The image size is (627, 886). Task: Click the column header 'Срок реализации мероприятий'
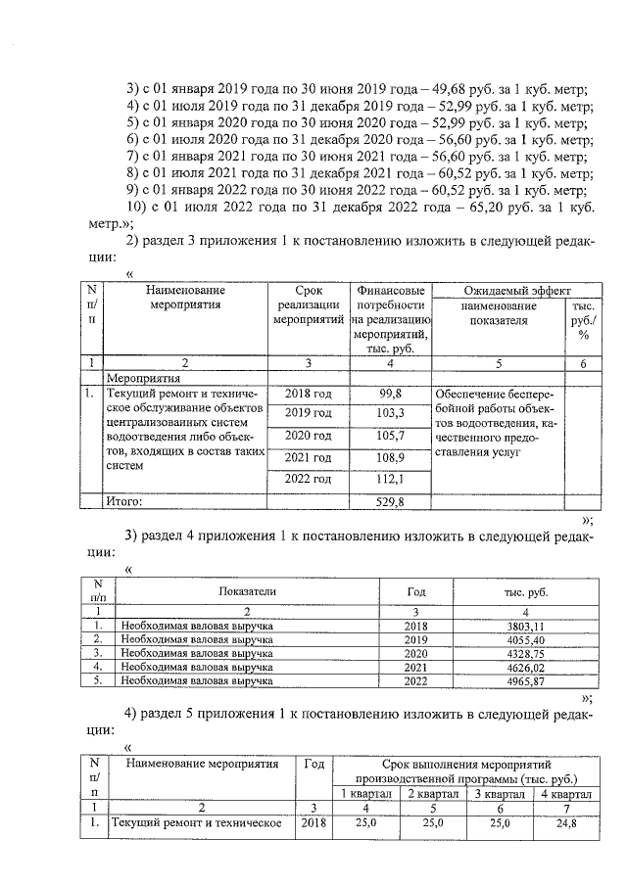coord(309,304)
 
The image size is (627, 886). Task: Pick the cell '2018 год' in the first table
coord(309,393)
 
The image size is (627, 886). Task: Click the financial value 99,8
coord(391,393)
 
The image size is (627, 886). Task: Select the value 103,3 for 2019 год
coord(391,414)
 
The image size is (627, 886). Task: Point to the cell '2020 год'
coord(309,436)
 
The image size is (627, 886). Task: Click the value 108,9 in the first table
coord(391,457)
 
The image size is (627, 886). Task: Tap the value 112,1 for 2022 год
coord(391,479)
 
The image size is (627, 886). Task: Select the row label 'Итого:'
coord(124,501)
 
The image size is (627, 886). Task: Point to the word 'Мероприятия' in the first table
coord(144,376)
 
